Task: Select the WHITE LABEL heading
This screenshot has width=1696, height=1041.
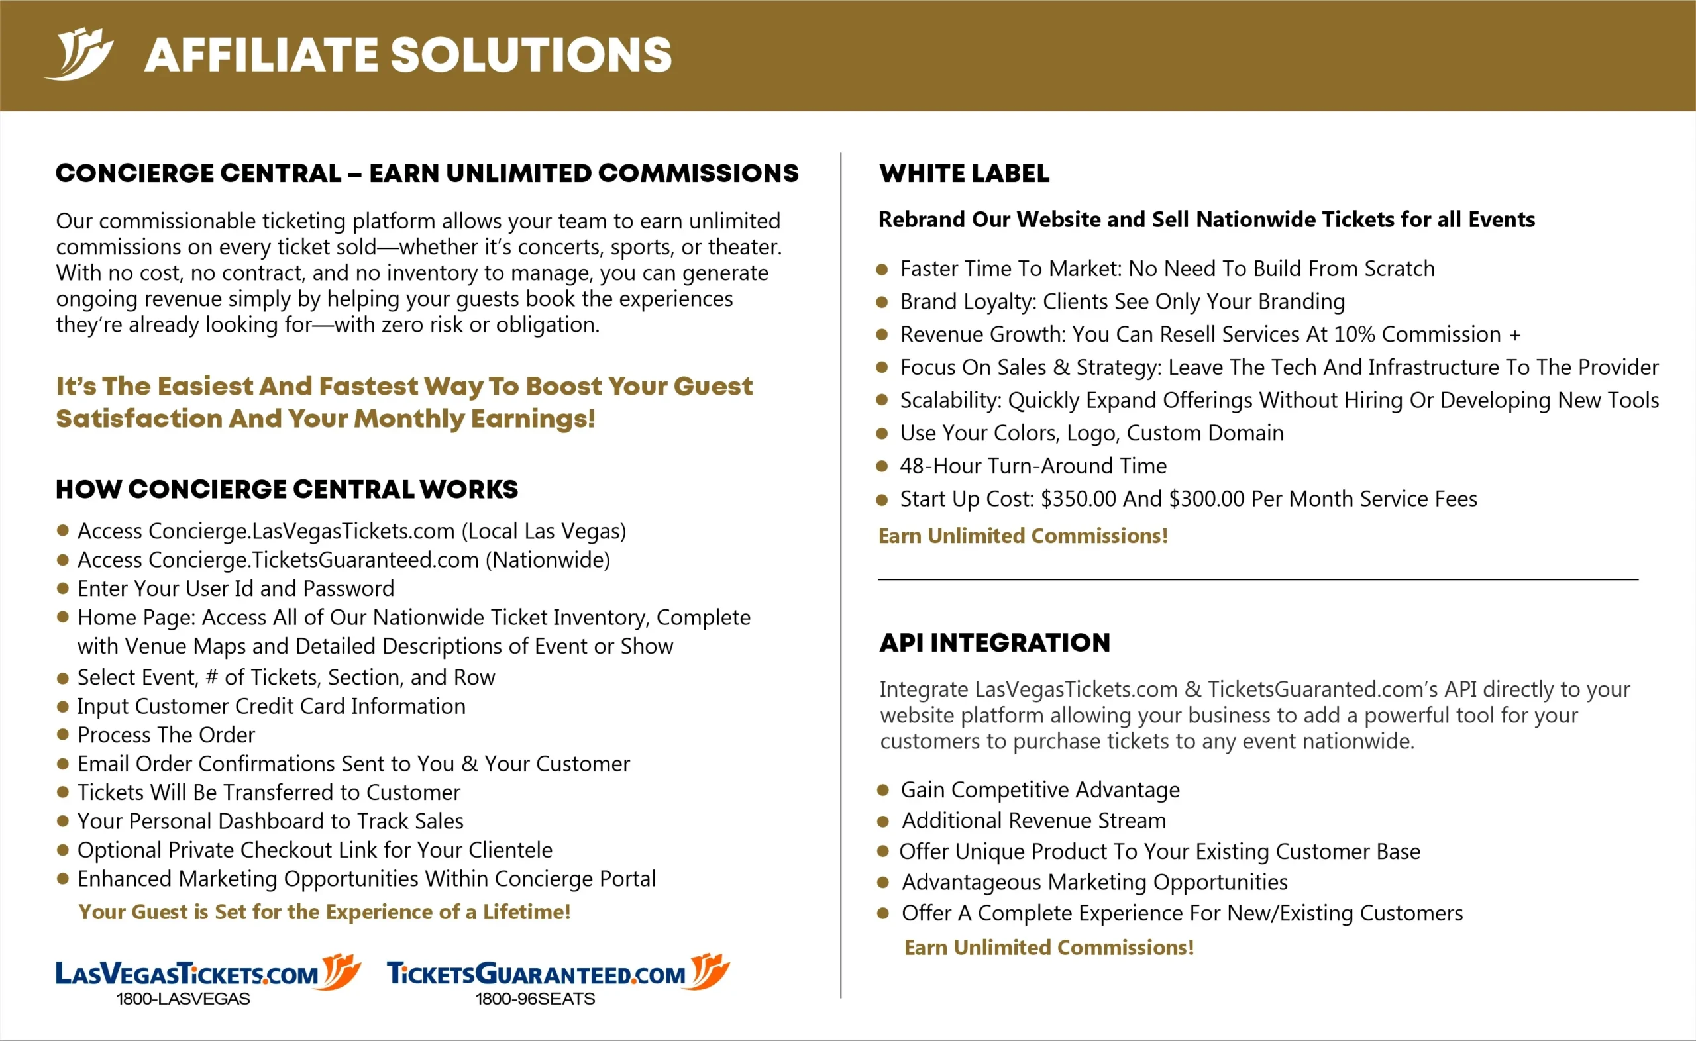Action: tap(964, 173)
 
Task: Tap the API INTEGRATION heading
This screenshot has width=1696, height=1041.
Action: tap(994, 642)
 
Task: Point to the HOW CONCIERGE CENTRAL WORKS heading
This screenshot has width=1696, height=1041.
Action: tap(286, 489)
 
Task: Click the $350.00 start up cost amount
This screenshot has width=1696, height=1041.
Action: tap(1078, 499)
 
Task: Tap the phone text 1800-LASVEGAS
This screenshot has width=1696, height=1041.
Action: tap(183, 999)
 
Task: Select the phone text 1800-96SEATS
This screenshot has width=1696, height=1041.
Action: tap(535, 999)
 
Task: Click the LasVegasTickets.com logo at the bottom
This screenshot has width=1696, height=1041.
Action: tap(207, 973)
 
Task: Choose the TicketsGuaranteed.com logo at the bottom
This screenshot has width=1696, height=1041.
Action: tap(558, 973)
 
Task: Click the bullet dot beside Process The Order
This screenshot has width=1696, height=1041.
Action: tap(63, 734)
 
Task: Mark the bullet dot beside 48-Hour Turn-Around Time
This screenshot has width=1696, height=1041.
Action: tap(881, 466)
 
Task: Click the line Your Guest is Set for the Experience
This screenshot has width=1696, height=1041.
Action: tap(325, 913)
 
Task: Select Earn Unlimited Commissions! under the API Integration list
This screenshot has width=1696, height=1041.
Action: tap(1049, 948)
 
